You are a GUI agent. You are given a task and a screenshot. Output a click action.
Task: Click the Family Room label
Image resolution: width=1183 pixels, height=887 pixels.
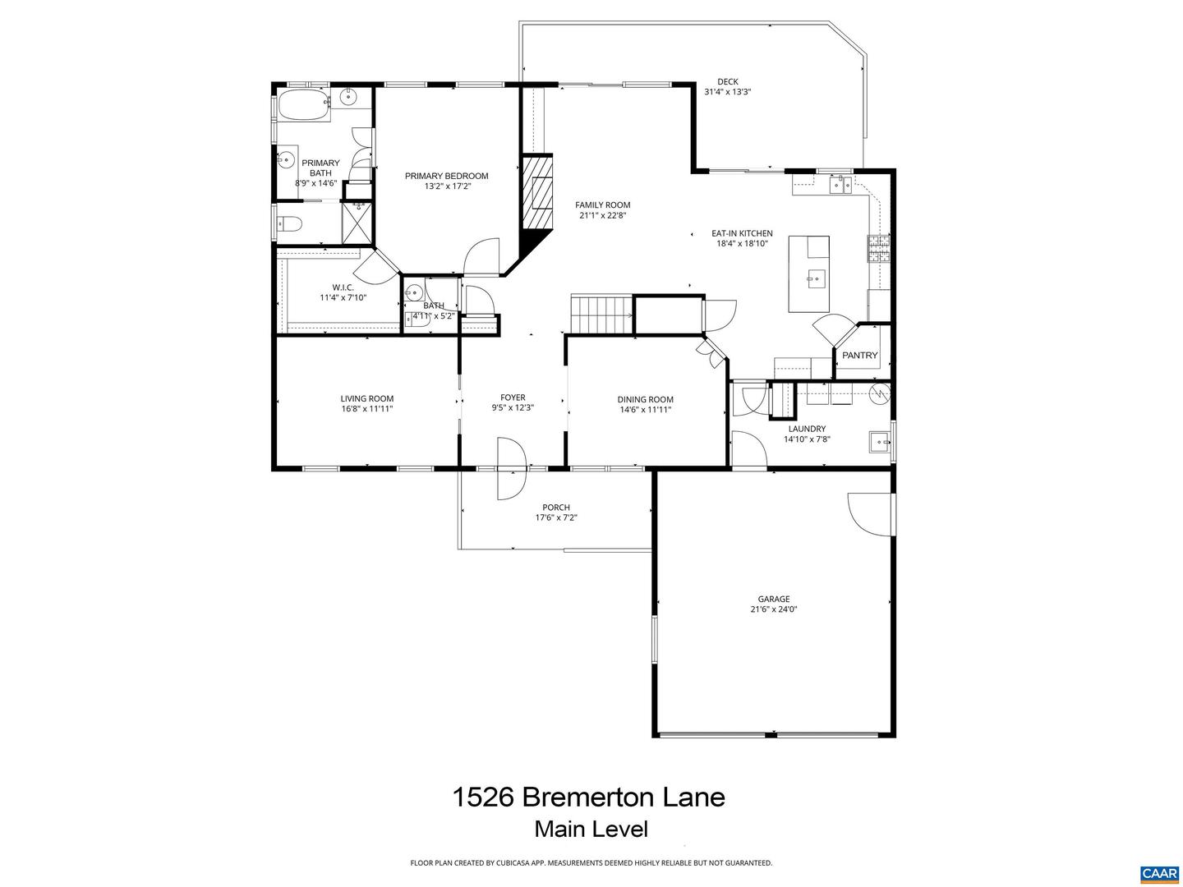pos(602,205)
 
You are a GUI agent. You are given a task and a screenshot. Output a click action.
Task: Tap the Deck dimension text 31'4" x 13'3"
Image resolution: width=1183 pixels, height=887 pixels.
pos(727,92)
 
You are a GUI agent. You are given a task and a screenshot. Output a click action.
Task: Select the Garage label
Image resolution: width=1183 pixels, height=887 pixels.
pos(773,599)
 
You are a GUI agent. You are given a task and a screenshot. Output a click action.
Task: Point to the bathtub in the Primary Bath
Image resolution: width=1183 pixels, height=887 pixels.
pos(302,106)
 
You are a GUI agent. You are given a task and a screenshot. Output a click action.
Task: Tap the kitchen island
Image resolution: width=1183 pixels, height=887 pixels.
pos(808,273)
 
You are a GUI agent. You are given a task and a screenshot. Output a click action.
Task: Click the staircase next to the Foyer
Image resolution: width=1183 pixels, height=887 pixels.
pos(601,315)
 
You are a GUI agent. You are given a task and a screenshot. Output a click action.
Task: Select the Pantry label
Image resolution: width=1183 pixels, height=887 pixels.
pos(859,356)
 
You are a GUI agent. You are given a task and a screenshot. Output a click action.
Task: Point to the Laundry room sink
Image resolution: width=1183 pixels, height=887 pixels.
pos(880,442)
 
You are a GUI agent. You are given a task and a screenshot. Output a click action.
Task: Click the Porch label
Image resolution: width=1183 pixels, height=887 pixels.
pos(555,508)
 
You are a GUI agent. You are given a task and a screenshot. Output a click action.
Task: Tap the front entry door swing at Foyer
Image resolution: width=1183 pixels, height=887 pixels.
pos(510,468)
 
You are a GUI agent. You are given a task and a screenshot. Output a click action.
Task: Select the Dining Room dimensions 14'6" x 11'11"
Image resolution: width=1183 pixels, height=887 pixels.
pos(645,410)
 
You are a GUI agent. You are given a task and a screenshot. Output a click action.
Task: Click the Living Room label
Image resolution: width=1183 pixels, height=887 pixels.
pos(366,398)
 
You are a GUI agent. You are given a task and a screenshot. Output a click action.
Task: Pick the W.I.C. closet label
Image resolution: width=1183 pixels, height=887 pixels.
pos(343,287)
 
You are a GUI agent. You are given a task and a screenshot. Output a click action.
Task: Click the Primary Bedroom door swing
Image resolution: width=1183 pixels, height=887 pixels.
pos(481,256)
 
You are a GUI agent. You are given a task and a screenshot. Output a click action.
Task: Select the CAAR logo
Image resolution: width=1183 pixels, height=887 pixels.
pos(1159,873)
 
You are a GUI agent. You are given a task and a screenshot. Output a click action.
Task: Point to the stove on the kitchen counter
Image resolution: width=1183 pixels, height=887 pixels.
pos(878,249)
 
